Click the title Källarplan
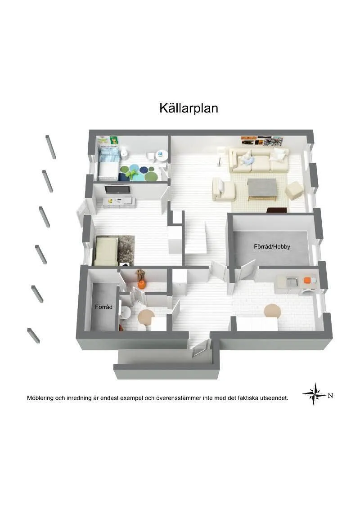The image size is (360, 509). click(x=189, y=108)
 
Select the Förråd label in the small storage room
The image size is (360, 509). click(x=103, y=307)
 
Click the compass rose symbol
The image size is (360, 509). click(x=315, y=394)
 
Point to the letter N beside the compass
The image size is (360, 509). click(x=330, y=396)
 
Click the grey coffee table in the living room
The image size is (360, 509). click(x=262, y=188)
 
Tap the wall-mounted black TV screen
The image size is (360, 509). click(x=118, y=189)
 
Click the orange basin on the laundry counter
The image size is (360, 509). click(x=307, y=280)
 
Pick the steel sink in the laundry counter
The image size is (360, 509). click(x=292, y=281)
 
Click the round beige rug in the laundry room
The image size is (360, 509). click(x=272, y=310)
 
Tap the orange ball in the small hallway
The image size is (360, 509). click(x=142, y=284)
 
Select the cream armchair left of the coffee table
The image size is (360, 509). click(x=224, y=189)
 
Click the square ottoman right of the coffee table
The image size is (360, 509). click(x=294, y=190)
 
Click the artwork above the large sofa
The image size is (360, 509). click(x=262, y=140)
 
